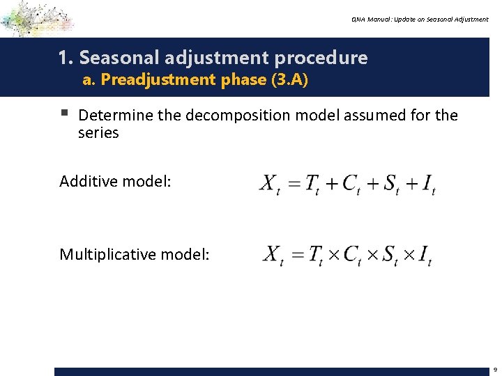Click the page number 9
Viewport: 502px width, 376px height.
494,370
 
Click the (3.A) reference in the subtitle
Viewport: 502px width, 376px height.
289,79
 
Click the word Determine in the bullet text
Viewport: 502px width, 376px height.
116,115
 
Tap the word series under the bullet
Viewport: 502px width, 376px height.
98,132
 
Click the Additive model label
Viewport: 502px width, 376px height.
115,182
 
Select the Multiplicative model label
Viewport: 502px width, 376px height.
134,254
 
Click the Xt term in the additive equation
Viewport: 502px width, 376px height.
270,185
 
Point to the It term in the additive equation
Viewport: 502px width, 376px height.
427,185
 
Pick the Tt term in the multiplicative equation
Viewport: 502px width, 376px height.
315,255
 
